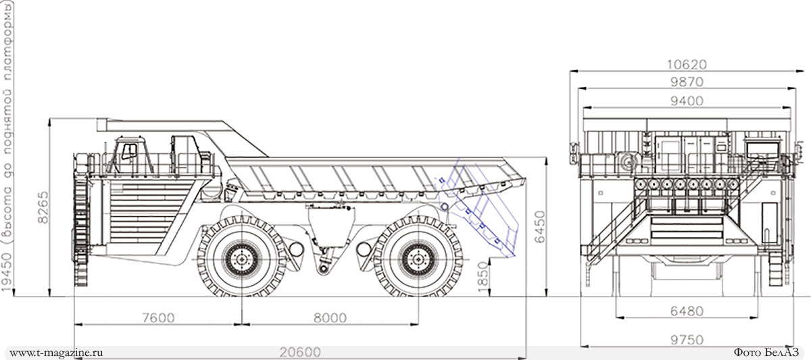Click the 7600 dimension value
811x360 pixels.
coord(159,317)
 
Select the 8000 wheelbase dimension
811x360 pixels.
coord(330,317)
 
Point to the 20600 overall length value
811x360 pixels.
coord(300,352)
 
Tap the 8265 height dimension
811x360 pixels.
coord(43,207)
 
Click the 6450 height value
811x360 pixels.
coord(540,227)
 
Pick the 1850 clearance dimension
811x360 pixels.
coord(483,277)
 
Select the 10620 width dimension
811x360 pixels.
coord(687,64)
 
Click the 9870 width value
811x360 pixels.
coord(687,82)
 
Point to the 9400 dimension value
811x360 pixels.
coord(687,101)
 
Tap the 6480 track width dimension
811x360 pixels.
coord(687,311)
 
